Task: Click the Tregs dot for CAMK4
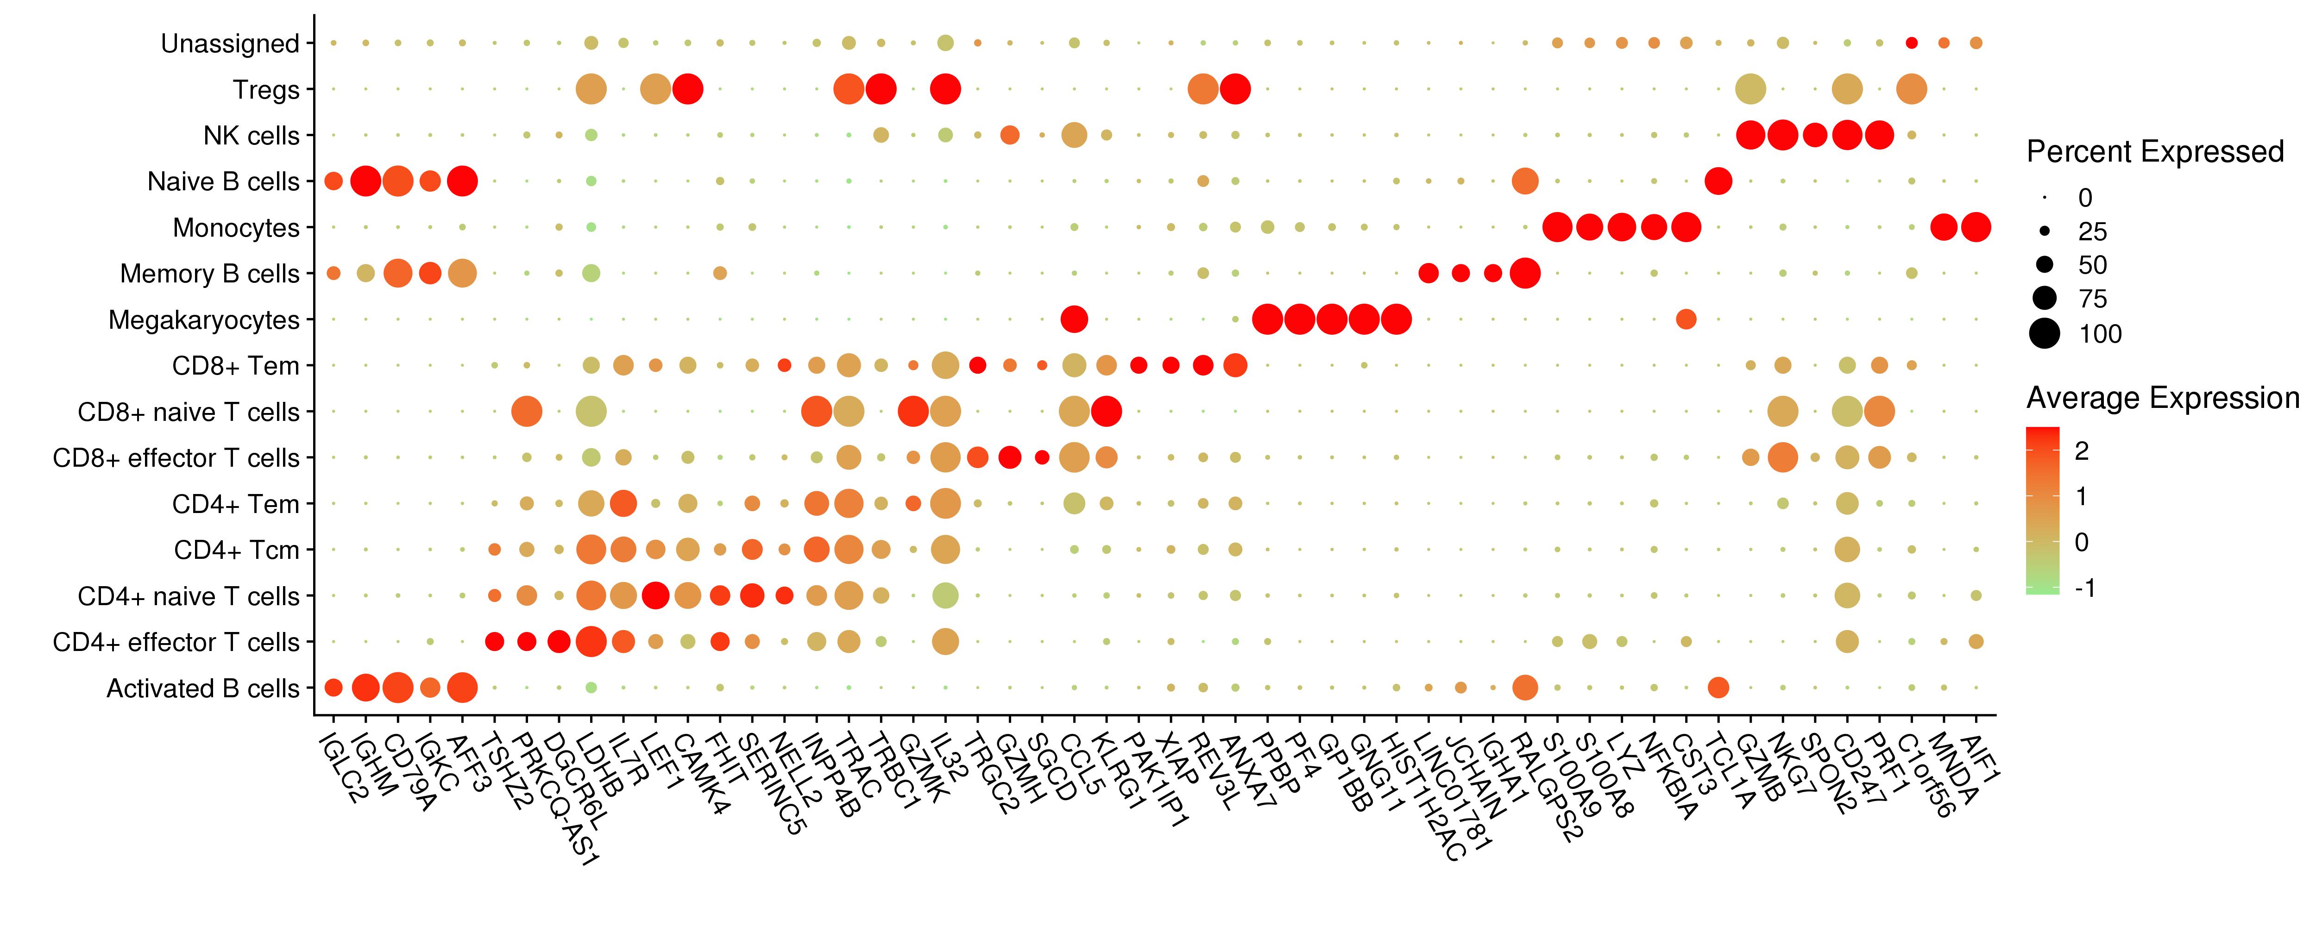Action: pyautogui.click(x=688, y=89)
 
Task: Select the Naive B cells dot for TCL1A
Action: pyautogui.click(x=1718, y=181)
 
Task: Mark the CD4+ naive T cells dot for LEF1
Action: pyautogui.click(x=655, y=595)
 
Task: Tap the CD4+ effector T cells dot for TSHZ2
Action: pyautogui.click(x=495, y=641)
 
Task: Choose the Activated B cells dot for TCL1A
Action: pyautogui.click(x=1718, y=688)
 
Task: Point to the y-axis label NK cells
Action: pyautogui.click(x=251, y=136)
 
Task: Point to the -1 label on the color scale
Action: pyautogui.click(x=2085, y=588)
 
